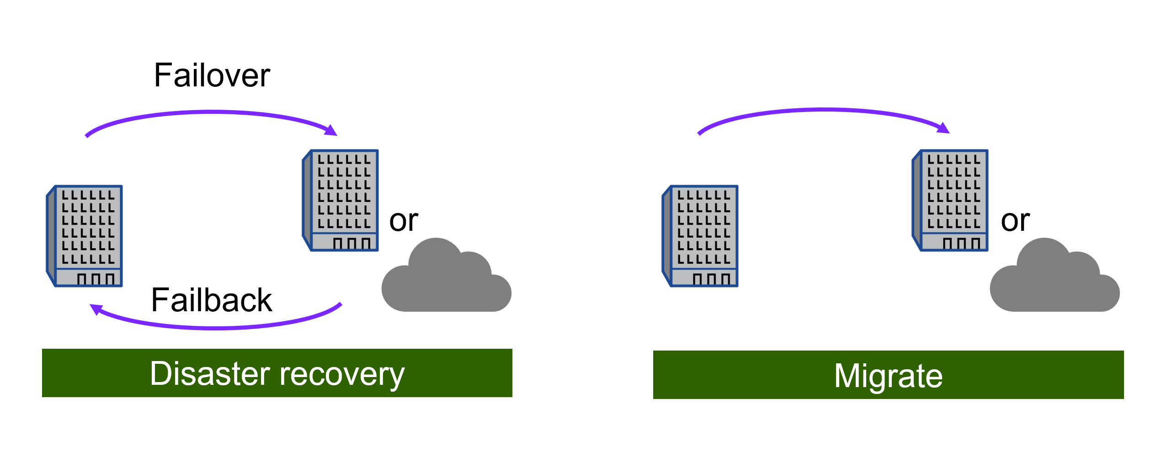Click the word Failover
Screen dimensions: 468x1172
212,75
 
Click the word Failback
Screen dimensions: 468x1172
211,300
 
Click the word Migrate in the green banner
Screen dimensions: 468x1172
888,376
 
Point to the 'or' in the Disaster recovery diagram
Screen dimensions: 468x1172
403,221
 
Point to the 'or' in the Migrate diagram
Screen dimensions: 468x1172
1015,221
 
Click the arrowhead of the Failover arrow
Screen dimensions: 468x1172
331,130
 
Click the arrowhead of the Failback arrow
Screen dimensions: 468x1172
96,309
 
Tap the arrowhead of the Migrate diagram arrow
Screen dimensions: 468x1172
944,128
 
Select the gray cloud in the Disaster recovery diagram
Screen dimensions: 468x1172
446,281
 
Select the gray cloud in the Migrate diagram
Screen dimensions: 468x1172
1054,281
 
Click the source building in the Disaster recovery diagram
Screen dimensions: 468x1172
85,236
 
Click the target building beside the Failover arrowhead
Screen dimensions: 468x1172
341,200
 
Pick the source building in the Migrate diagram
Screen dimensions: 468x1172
701,236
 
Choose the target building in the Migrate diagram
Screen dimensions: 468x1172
951,200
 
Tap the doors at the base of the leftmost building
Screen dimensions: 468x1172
96,279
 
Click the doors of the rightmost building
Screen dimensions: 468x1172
961,243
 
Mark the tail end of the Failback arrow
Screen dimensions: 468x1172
340,304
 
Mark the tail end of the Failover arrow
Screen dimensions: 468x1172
87,135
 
